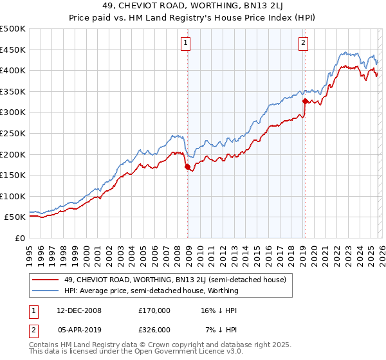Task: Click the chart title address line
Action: pos(193,8)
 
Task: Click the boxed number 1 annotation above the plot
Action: pos(185,43)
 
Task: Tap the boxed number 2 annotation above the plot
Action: pos(302,43)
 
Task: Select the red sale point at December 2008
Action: pos(188,167)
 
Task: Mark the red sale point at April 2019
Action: pos(304,101)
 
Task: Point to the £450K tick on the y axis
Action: pos(13,50)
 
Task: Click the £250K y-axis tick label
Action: pos(13,133)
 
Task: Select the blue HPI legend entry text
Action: pos(151,291)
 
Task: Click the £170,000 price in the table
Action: pos(154,310)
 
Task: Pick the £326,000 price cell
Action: pos(154,330)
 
